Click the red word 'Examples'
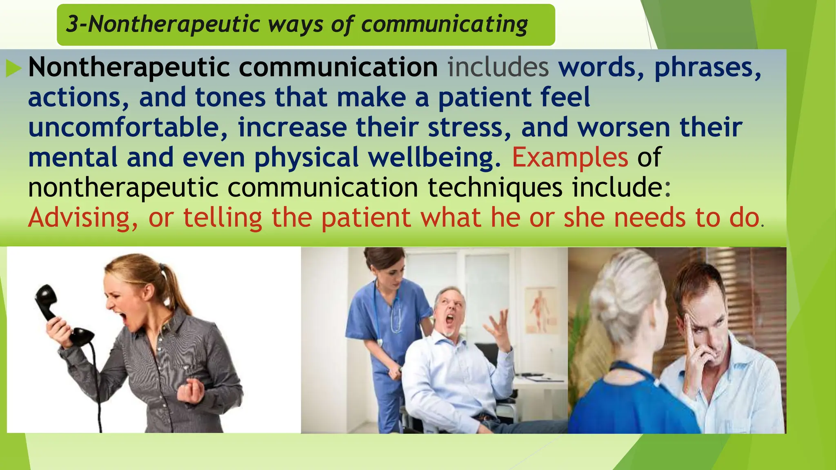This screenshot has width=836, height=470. pyautogui.click(x=570, y=157)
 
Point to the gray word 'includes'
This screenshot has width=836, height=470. pyautogui.click(x=498, y=67)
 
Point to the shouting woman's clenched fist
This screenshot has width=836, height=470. pyautogui.click(x=189, y=392)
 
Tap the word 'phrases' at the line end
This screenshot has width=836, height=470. pyautogui.click(x=707, y=67)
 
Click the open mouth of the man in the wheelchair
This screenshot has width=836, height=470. pyautogui.click(x=449, y=322)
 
